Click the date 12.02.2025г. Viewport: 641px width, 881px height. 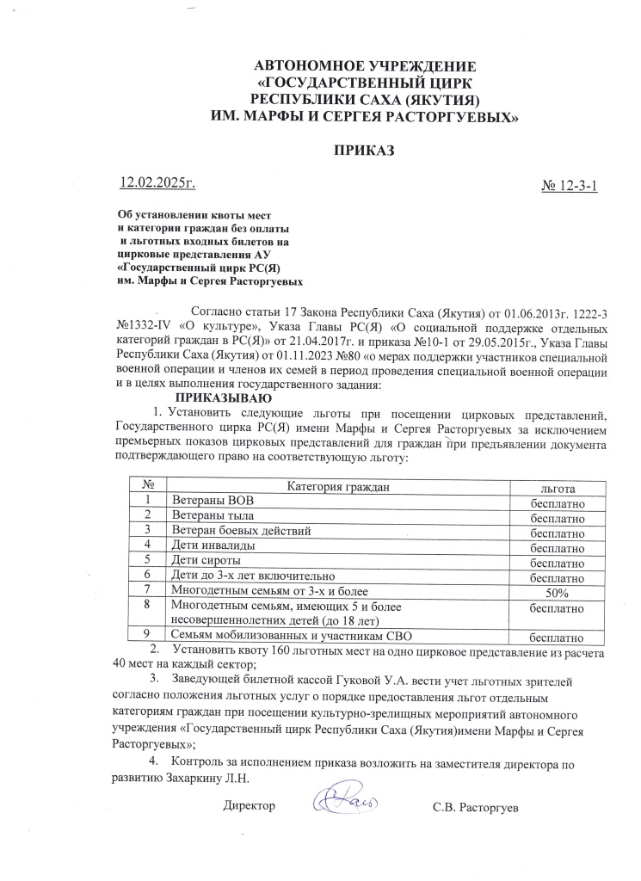(x=157, y=182)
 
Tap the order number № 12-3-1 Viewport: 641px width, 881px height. (x=568, y=186)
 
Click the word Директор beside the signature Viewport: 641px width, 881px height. (x=250, y=806)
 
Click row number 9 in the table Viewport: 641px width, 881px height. (x=148, y=637)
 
